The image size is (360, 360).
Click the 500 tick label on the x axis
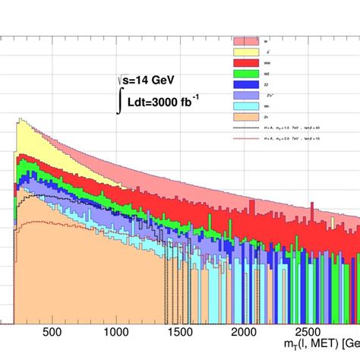52,332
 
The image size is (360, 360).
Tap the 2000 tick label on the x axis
243,332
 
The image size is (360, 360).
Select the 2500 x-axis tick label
307,332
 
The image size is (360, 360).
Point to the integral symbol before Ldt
119,100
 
